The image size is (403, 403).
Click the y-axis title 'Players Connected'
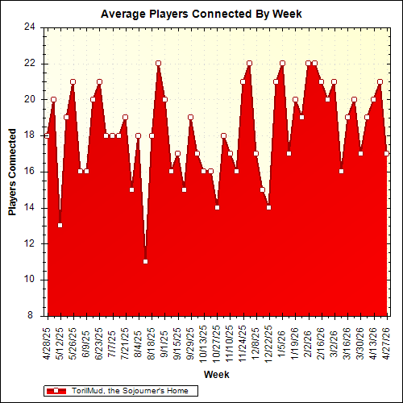point(13,171)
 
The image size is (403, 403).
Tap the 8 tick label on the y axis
point(32,316)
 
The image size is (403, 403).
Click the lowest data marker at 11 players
point(145,261)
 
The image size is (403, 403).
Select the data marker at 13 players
point(60,225)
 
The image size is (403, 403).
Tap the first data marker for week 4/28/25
point(47,135)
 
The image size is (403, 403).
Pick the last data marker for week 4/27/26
point(387,153)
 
